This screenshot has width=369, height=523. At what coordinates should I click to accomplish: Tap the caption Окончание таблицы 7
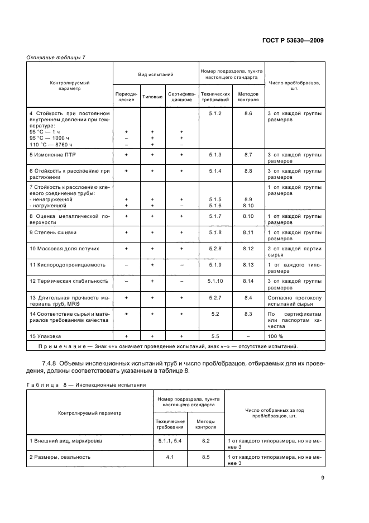point(56,58)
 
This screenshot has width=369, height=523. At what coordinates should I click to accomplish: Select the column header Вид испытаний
point(155,74)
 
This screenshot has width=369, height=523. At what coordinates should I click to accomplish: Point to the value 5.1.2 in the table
point(215,113)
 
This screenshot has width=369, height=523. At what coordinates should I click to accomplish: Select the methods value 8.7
point(248,154)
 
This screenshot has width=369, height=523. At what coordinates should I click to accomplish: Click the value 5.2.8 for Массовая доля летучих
point(215,248)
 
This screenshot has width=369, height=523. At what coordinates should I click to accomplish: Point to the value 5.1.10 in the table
point(215,280)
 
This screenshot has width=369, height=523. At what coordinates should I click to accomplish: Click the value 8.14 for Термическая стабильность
point(248,280)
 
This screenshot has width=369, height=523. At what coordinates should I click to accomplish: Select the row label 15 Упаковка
point(45,336)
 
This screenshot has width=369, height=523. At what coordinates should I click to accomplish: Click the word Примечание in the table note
point(54,346)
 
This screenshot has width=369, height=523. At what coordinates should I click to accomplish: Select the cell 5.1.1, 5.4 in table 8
point(170,441)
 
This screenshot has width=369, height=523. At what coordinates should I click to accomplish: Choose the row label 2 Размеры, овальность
point(60,457)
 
